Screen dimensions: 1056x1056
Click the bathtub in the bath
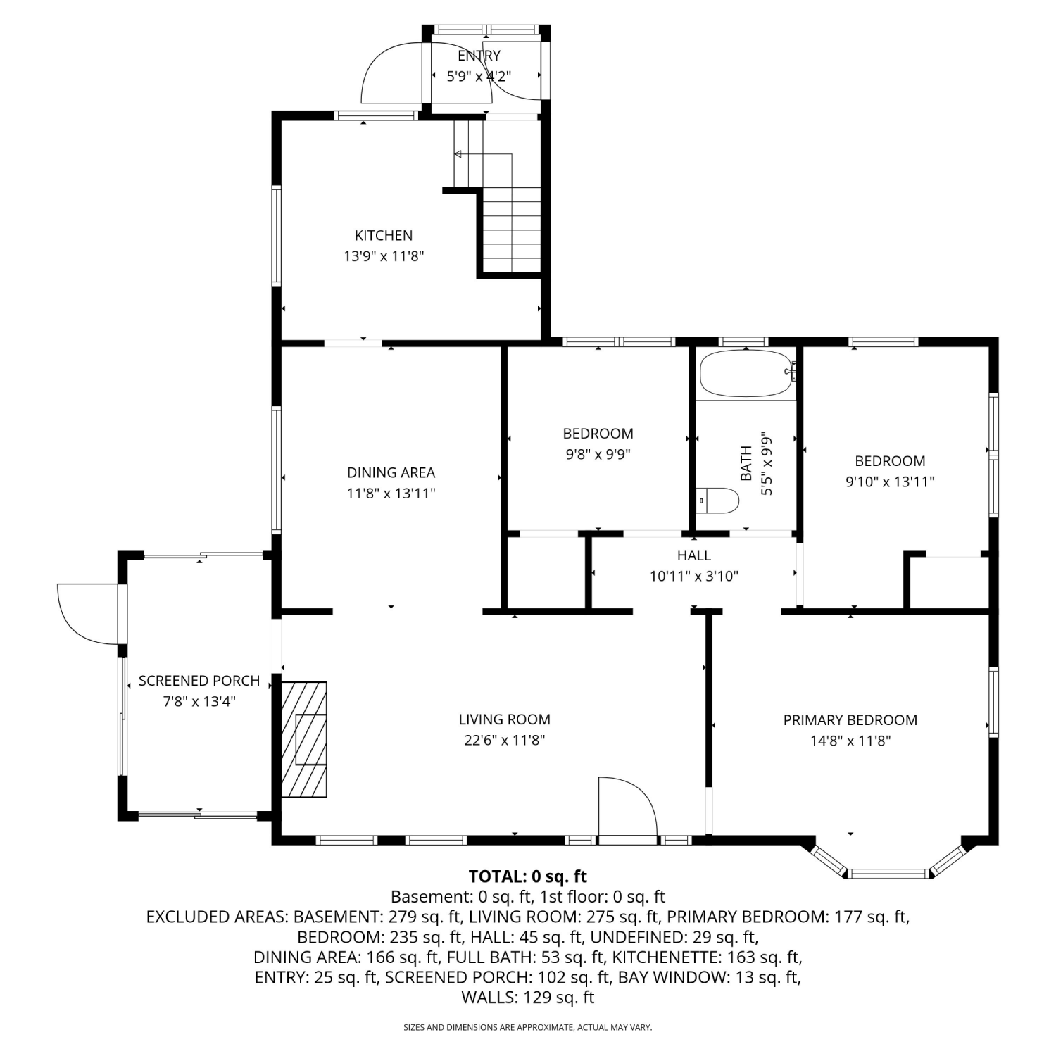(x=747, y=375)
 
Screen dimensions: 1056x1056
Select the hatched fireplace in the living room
(x=304, y=738)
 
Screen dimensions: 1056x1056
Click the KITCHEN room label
(x=384, y=235)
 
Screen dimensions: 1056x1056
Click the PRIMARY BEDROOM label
(x=850, y=719)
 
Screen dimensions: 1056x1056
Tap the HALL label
(x=694, y=555)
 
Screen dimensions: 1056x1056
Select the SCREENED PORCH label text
(x=199, y=681)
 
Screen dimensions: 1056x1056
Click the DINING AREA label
(x=391, y=472)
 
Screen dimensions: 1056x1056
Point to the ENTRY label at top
(x=479, y=56)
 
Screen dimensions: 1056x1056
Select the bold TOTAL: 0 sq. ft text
(x=528, y=876)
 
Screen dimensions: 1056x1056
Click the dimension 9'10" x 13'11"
(x=890, y=482)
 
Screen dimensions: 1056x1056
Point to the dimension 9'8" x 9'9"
(x=598, y=455)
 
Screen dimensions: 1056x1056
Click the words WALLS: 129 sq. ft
(x=528, y=997)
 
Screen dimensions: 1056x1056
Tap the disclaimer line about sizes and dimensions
(x=528, y=1028)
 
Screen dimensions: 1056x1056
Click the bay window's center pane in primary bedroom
(x=888, y=874)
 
